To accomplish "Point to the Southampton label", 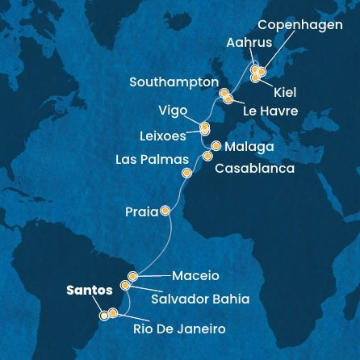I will coord(174,82).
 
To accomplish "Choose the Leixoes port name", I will coord(162,135).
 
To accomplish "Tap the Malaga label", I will coord(250,148).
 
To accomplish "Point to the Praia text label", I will coord(140,211).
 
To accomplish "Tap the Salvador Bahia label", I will coord(200,299).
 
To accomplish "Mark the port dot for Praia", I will coord(165,211).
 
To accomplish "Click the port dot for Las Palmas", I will coord(187,172).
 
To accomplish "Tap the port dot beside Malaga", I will coord(216,146).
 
